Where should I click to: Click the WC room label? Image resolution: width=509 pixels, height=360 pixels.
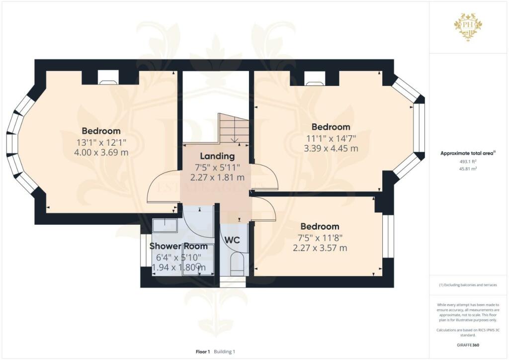point(232,240)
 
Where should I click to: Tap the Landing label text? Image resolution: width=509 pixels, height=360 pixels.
point(217,156)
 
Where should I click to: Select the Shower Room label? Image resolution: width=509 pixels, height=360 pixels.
point(178,246)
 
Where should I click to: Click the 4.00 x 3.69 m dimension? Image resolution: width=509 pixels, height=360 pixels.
point(101,152)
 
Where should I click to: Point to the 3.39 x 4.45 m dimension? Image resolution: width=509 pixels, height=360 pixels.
point(331,148)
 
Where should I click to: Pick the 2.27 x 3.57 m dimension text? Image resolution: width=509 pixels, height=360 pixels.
point(320,248)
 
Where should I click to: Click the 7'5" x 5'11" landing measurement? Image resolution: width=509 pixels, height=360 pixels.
point(217,168)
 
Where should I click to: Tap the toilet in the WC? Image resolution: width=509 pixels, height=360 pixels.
point(237,264)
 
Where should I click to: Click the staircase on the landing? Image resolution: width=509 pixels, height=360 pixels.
point(234,128)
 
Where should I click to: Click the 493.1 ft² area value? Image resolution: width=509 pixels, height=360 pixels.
point(468,161)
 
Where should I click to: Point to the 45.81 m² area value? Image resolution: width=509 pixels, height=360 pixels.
point(468,169)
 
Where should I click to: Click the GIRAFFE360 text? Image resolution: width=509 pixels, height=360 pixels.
point(468,345)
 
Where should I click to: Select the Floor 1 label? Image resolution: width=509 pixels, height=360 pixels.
point(203,352)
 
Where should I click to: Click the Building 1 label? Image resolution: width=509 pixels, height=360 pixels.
point(224,352)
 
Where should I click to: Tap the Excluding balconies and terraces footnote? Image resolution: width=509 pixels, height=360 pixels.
point(468,285)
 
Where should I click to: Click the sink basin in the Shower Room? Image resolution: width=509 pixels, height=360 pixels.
point(165,225)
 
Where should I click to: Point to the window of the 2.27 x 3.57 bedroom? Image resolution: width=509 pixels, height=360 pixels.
point(388,236)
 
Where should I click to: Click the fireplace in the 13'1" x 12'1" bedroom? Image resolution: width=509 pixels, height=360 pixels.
point(108,77)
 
